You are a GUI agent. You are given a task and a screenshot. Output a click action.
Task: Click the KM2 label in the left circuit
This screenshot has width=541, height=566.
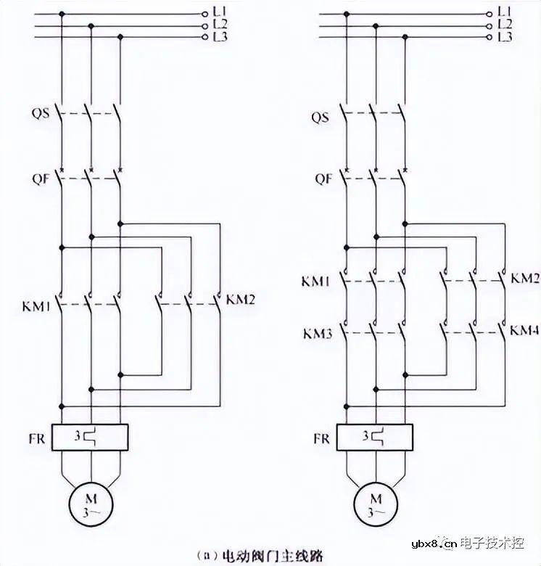tap(240, 299)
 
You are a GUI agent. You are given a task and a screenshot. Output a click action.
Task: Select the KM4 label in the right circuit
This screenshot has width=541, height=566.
tap(524, 331)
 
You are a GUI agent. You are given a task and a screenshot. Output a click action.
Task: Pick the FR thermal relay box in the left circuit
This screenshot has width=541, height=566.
tap(91, 438)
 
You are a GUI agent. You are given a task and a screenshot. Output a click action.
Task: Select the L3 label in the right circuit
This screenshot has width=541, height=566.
tap(505, 36)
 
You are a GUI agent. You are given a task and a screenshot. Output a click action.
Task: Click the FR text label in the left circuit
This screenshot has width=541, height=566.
tap(36, 439)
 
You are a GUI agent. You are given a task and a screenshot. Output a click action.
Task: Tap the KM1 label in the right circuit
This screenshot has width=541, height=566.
tap(315, 280)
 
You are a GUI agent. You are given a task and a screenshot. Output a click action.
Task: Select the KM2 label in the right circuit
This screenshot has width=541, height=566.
tap(524, 279)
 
